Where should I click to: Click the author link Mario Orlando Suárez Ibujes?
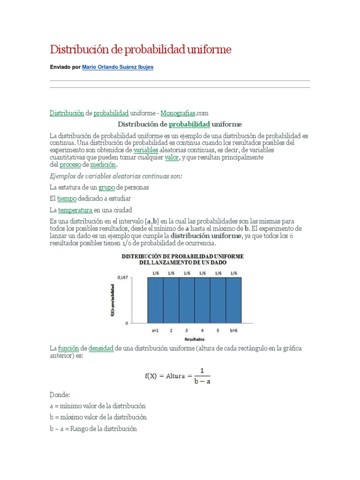pos(118,67)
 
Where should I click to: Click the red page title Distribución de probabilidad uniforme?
pos(141,49)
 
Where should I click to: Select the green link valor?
pos(172,157)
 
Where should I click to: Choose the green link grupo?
pos(106,187)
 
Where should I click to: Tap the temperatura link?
pos(75,210)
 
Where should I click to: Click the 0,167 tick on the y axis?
pos(123,277)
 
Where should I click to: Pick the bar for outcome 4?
pos(202,300)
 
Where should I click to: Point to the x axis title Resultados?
pos(194,338)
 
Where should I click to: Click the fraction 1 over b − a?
pos(202,375)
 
